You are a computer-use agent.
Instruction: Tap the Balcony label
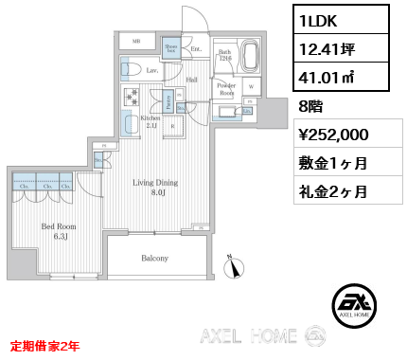click(x=154, y=258)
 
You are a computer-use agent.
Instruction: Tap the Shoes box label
click(x=171, y=47)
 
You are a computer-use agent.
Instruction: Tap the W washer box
click(x=251, y=86)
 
